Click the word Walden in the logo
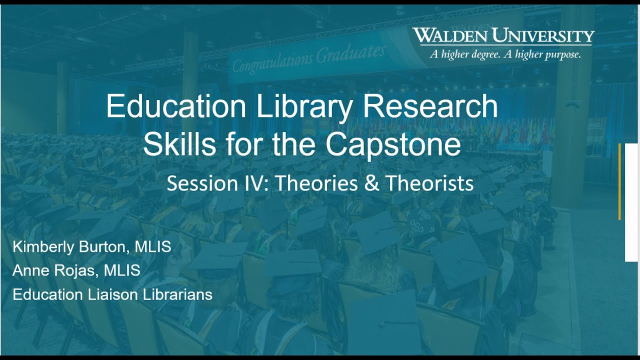(449, 36)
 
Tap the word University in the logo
(543, 36)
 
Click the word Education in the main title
(176, 106)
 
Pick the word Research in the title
(430, 106)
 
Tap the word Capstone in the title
(393, 144)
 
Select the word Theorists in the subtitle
(429, 183)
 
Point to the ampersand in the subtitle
(371, 183)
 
